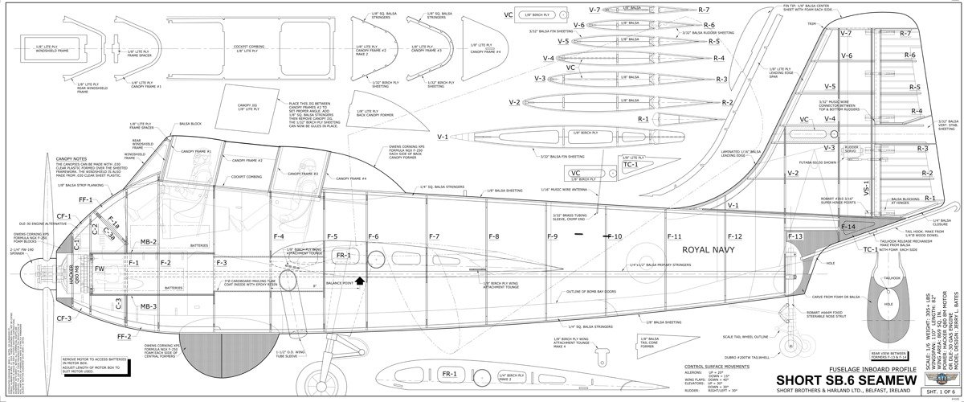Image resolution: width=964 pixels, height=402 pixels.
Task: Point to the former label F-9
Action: tap(552, 236)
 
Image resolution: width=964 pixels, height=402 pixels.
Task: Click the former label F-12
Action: tap(734, 236)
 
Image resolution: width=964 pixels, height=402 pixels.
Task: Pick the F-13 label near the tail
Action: tap(794, 236)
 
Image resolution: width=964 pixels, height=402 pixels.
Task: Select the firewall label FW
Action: tap(100, 269)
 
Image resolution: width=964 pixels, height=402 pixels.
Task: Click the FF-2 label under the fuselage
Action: tap(124, 336)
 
